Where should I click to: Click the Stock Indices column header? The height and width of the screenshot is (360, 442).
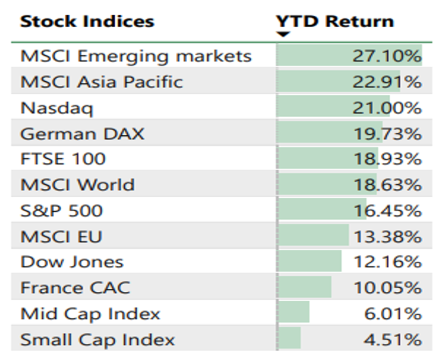click(87, 22)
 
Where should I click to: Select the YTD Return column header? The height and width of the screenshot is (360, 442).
click(335, 22)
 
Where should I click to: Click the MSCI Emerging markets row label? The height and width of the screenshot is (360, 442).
click(136, 56)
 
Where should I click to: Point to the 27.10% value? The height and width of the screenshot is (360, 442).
click(387, 56)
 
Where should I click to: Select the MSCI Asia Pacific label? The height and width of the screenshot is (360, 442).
click(101, 82)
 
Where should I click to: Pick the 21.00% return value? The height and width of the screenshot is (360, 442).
click(387, 108)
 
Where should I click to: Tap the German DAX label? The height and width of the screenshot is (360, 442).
click(82, 134)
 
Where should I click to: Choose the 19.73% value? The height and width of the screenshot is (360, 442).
click(387, 134)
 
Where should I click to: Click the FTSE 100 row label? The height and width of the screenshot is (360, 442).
click(63, 159)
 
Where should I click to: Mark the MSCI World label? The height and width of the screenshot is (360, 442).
click(77, 185)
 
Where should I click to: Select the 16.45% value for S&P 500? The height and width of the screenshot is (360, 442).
click(387, 211)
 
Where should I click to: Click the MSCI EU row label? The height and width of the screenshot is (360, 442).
click(61, 236)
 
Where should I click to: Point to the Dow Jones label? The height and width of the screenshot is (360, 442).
click(72, 262)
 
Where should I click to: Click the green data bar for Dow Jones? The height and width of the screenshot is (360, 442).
click(310, 262)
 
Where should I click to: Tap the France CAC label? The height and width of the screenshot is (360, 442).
click(75, 288)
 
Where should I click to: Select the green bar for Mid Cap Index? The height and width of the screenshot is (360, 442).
click(294, 313)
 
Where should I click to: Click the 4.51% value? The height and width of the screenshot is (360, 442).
click(391, 339)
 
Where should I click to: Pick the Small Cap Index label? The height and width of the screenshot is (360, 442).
click(97, 339)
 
